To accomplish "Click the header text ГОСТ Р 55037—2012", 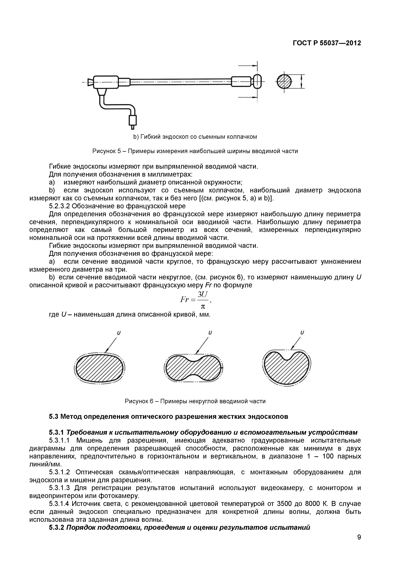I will [327, 43].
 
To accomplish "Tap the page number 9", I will [359, 544].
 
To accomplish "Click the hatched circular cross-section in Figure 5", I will [284, 82].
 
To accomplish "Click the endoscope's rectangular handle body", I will [106, 82].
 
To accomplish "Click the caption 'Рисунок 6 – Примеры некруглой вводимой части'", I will [195, 401].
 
